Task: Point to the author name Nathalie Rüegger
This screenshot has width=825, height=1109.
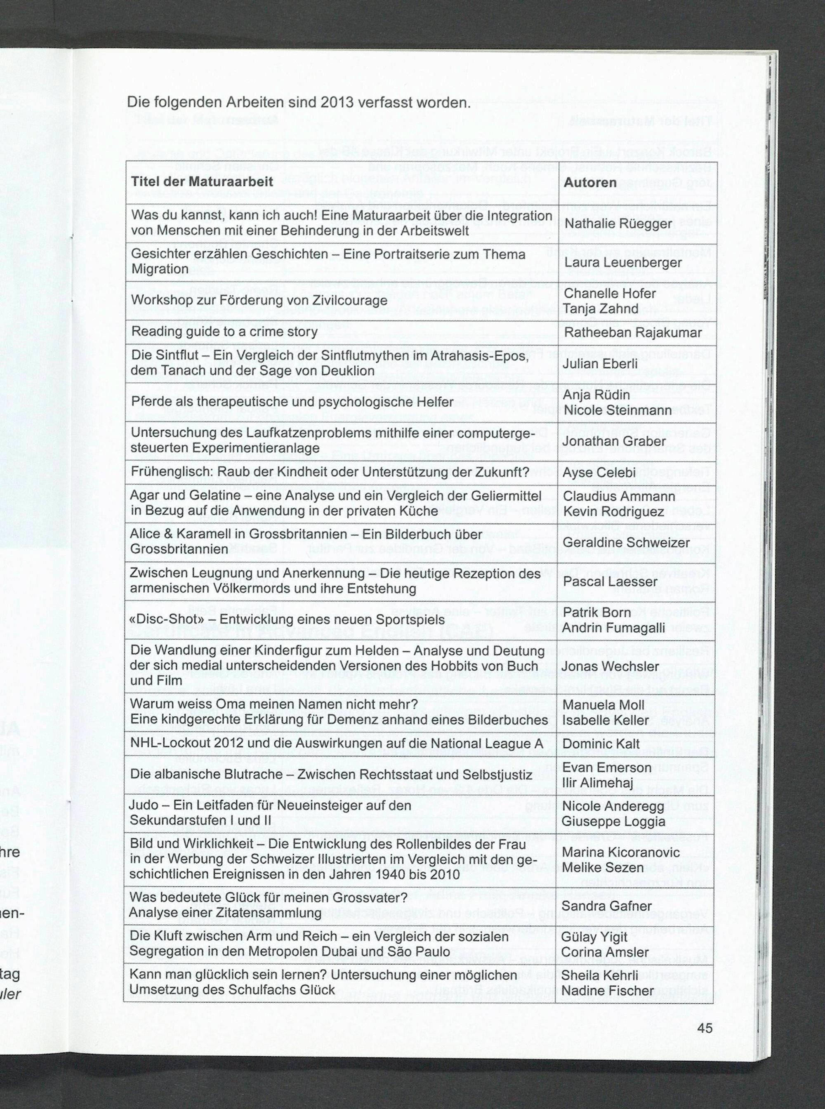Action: click(618, 224)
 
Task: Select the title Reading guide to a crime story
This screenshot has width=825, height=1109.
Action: click(224, 332)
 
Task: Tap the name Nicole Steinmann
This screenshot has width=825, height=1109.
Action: click(617, 410)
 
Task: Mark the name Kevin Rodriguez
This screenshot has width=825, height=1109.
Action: click(613, 512)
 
